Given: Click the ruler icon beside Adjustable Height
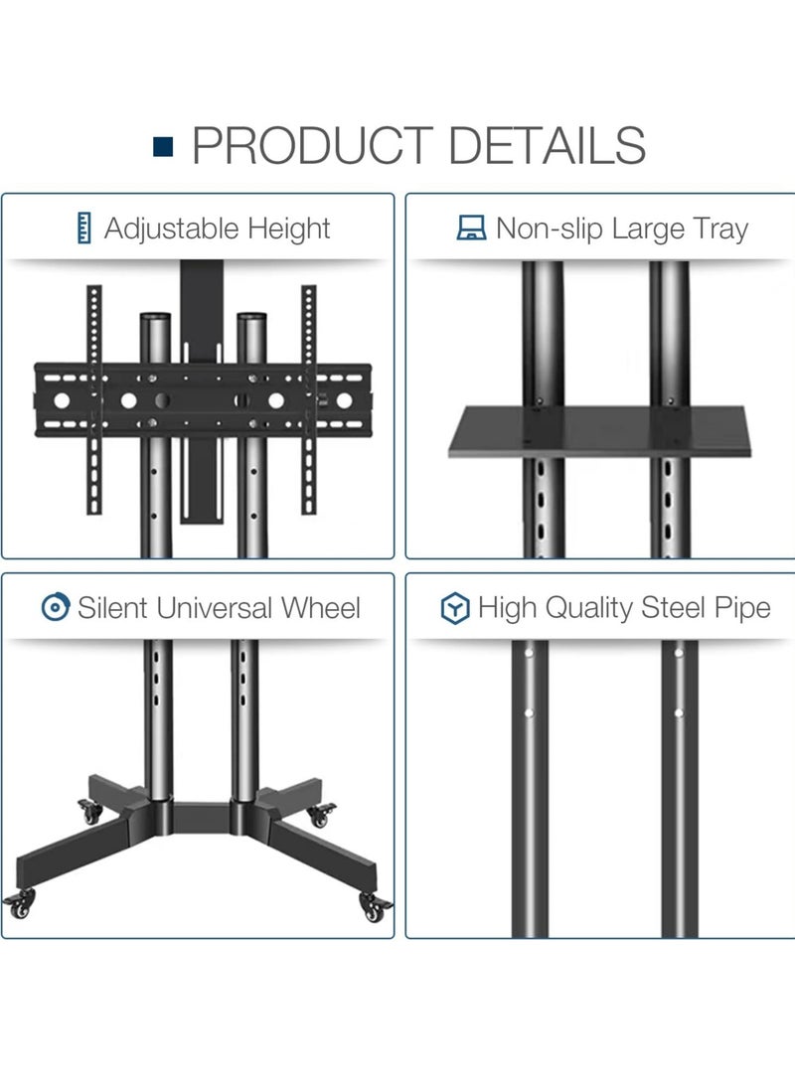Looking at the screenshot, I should click(x=83, y=230).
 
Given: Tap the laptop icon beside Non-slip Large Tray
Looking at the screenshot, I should click(x=470, y=230).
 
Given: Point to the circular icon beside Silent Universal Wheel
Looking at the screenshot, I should click(x=55, y=607).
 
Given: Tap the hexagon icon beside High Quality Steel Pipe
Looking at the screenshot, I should click(x=455, y=608).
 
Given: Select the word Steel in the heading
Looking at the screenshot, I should click(x=673, y=608).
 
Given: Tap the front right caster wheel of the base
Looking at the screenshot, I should click(x=377, y=905).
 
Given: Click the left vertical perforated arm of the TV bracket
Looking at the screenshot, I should click(x=94, y=397).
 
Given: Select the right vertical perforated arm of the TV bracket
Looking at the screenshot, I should click(x=308, y=397).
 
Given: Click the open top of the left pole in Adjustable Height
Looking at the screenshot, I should click(x=154, y=319).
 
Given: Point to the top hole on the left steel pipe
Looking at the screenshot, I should click(x=530, y=655).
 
